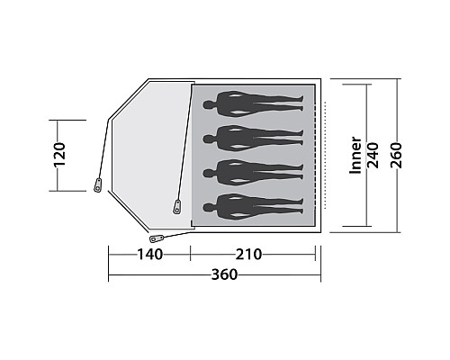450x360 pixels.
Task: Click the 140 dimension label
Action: click(x=150, y=255)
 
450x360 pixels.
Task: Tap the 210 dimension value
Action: click(x=248, y=255)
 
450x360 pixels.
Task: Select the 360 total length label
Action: click(x=224, y=274)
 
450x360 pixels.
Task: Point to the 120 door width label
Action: click(x=59, y=155)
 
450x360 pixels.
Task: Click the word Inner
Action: click(x=355, y=155)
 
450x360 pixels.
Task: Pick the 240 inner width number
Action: click(x=373, y=155)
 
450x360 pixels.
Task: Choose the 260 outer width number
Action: click(x=396, y=155)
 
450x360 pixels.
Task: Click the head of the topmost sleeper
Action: click(x=208, y=105)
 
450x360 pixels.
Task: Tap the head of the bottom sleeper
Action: click(x=208, y=207)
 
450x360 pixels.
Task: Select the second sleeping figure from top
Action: click(x=254, y=139)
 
